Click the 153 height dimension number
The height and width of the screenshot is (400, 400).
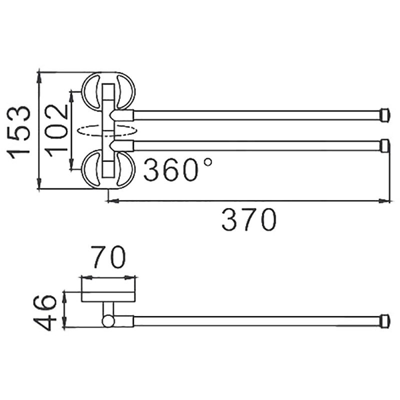point(21,131)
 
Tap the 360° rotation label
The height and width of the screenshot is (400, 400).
point(177,170)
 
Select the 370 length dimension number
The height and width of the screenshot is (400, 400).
point(248,220)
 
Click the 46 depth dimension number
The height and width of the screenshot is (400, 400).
point(49,312)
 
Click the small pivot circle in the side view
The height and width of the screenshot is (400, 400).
point(108,320)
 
